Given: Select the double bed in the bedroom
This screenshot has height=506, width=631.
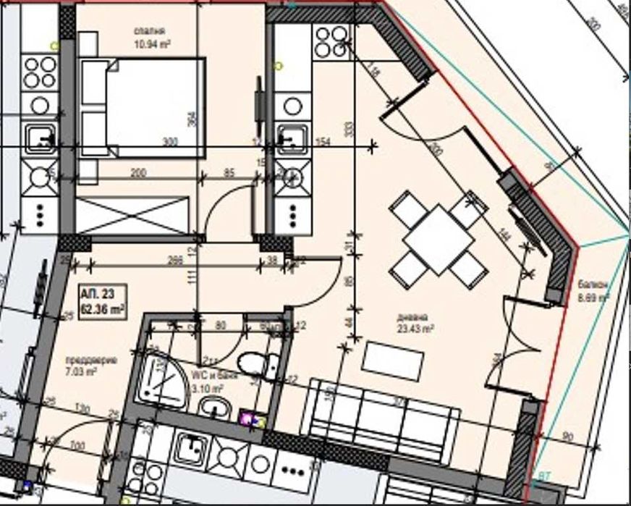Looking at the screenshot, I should (x=144, y=107).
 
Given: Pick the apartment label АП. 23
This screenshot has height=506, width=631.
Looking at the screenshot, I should (x=96, y=295).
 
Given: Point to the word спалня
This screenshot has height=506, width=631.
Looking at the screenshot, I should (x=151, y=31).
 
